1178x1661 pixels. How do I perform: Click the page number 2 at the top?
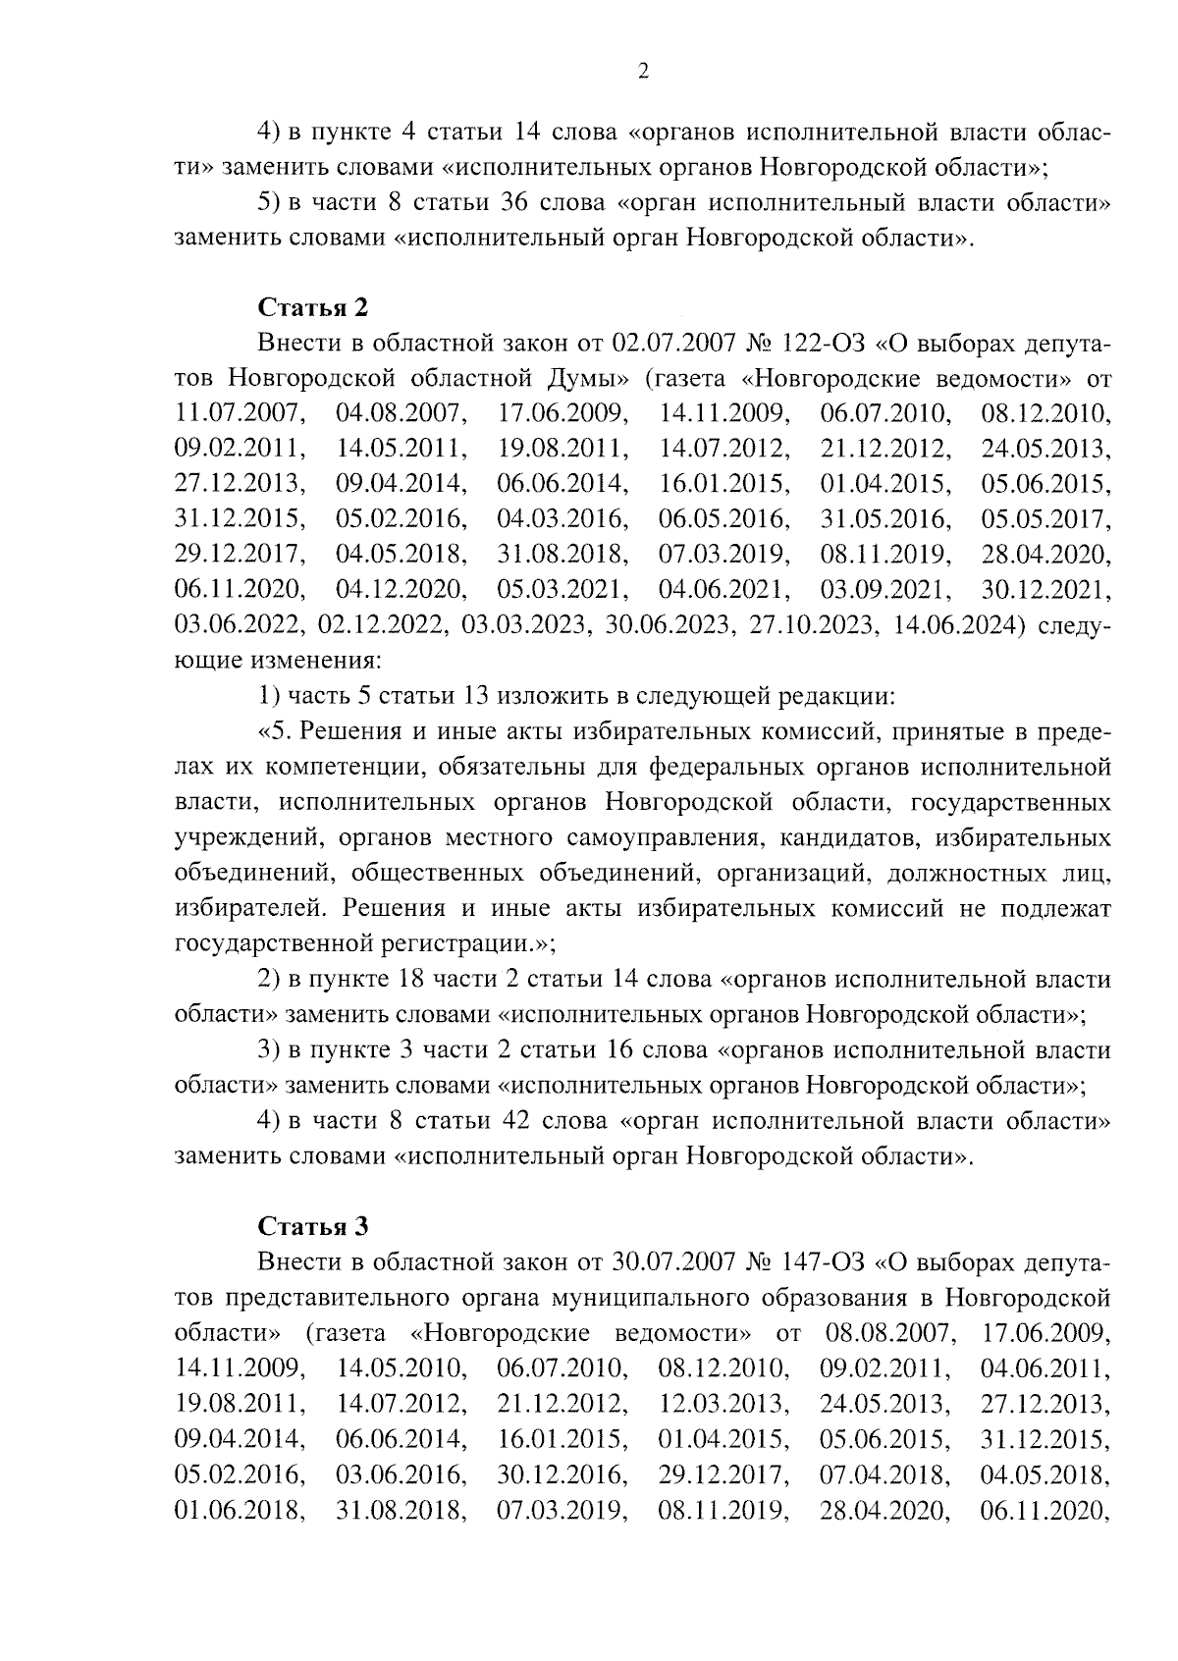[643, 72]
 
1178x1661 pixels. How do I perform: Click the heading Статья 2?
[312, 307]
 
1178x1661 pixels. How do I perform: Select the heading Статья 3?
[312, 1226]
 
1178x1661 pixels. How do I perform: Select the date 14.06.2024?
[953, 626]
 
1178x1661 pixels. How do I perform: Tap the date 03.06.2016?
[401, 1473]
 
